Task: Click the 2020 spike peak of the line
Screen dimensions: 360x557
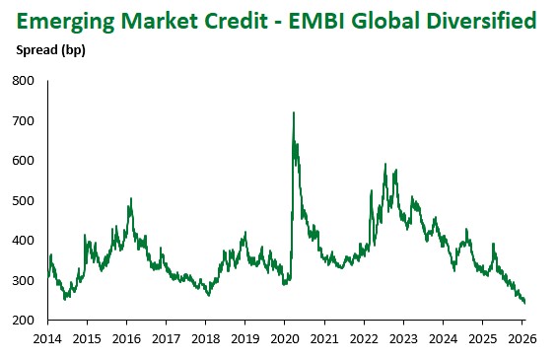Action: [294, 113]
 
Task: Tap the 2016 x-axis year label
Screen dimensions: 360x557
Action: [126, 338]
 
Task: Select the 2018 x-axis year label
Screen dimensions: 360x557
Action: [205, 338]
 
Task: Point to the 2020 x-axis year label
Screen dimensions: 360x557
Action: [284, 338]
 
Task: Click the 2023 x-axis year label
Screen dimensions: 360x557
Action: [403, 338]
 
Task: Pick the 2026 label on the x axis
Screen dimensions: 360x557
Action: [522, 338]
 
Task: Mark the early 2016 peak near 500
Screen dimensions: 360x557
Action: [130, 199]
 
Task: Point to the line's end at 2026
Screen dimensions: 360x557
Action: [524, 303]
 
